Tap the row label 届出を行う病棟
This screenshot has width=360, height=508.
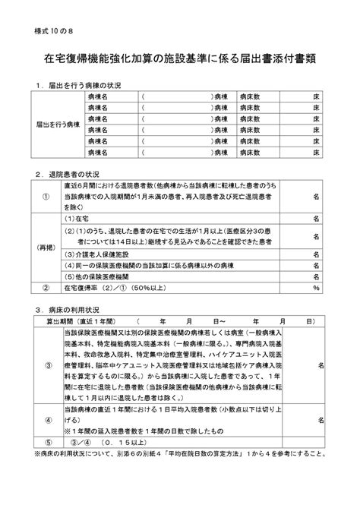coord(57,124)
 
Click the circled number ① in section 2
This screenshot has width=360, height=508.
coord(46,195)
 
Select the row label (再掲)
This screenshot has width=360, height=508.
coord(46,248)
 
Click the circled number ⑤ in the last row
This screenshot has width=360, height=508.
coord(46,441)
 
